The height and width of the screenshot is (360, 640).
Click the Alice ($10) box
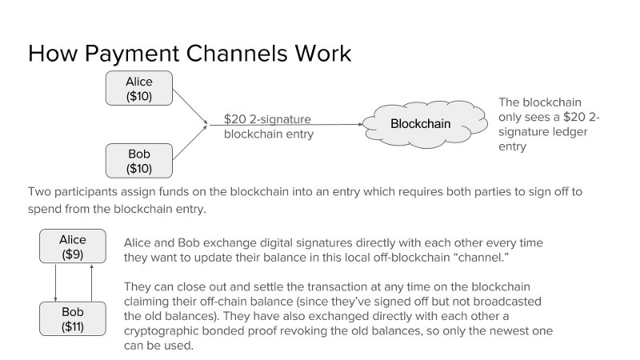138,88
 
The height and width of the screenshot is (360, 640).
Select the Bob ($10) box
138,161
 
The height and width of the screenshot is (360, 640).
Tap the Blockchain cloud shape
425,124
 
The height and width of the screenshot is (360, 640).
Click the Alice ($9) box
73,246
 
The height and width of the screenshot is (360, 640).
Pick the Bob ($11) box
73,318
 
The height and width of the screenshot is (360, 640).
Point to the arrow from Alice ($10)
190,106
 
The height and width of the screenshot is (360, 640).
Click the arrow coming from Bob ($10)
190,142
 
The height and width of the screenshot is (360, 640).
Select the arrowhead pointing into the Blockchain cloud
361,124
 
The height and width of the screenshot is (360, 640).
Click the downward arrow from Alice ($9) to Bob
55,283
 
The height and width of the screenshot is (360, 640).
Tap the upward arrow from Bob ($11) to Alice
91,283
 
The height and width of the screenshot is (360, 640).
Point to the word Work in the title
323,54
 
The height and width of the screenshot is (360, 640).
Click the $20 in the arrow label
234,119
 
